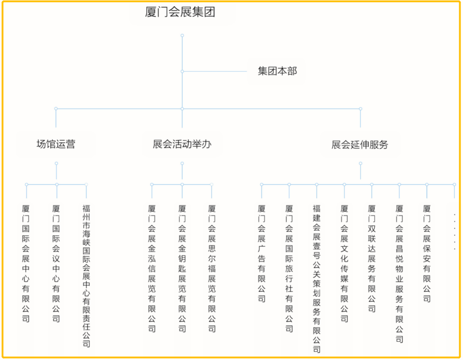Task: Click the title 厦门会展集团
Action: coord(180,12)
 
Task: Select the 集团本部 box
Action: coord(277,71)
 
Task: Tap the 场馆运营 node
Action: coord(56,144)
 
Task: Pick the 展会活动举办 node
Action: coord(182,144)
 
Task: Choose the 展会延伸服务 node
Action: coord(360,144)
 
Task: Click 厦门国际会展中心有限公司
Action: coord(26,263)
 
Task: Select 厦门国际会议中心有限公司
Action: coord(56,263)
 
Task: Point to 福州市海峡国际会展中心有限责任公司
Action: coord(86,276)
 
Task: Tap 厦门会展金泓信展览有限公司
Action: coord(152,268)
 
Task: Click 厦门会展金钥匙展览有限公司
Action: coord(182,268)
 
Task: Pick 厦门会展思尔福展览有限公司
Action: coord(212,268)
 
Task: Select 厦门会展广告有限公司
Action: coord(262,254)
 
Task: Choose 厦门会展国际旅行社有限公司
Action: coord(289,268)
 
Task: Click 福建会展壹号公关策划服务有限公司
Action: coord(317,279)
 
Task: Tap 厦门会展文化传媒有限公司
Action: coord(344,263)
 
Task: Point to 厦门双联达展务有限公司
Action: coord(372,258)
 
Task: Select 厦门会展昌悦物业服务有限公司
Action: coord(399,274)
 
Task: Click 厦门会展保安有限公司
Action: coord(426,254)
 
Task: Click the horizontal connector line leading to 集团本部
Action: coord(215,71)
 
